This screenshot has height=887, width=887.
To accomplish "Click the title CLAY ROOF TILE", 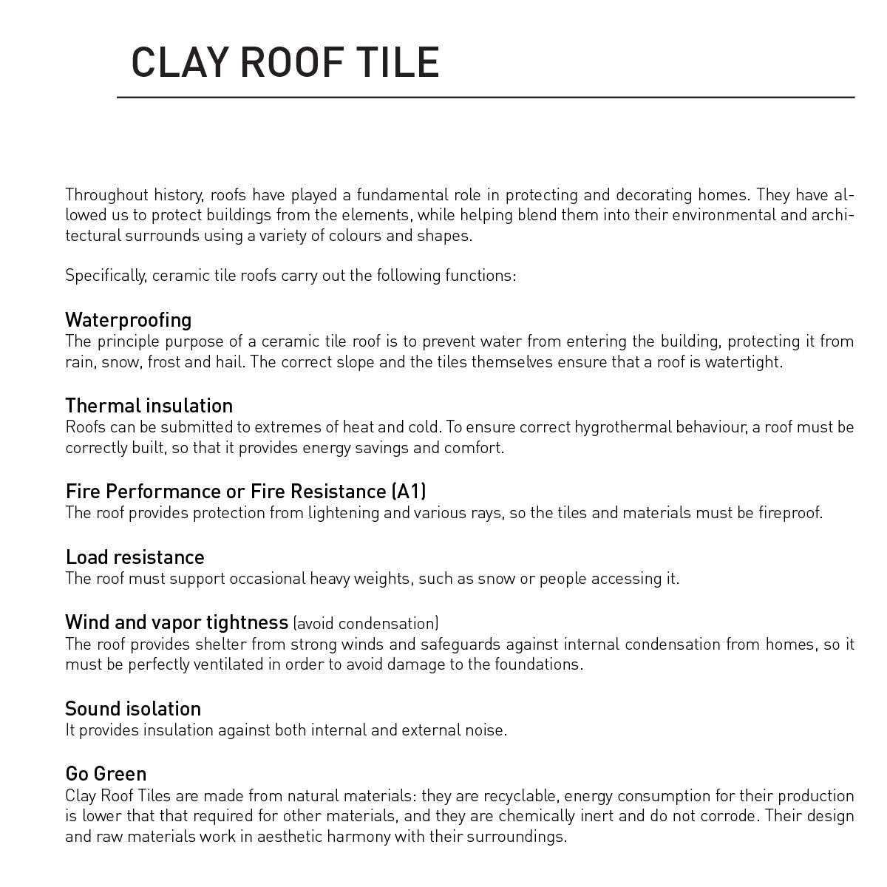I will click(x=285, y=62).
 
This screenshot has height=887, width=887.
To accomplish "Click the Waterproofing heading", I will click(x=128, y=320).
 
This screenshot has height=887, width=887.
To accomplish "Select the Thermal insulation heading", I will click(x=149, y=406).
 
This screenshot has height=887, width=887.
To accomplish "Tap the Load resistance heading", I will click(x=135, y=557).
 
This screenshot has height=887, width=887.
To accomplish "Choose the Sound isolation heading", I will click(x=133, y=709).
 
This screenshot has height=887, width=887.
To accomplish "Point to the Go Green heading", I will click(x=106, y=774).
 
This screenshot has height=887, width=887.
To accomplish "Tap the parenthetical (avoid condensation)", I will click(x=366, y=623).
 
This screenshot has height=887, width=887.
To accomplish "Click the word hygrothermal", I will click(x=623, y=427).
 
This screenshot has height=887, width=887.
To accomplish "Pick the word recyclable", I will click(x=522, y=796).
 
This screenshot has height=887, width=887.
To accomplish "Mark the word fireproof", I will click(x=789, y=513).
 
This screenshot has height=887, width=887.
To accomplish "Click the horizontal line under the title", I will click(x=485, y=97).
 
